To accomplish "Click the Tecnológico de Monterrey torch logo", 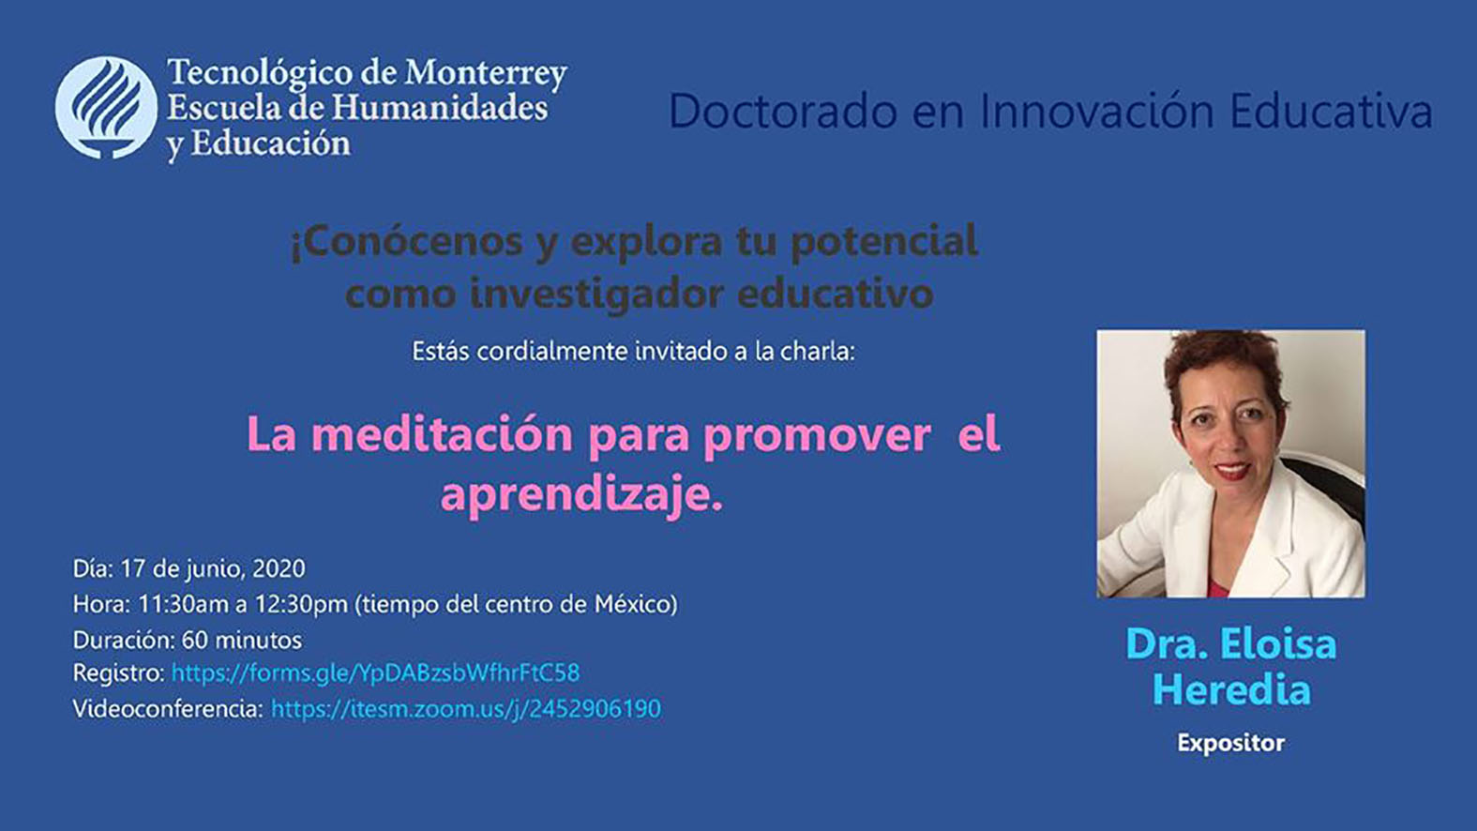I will pyautogui.click(x=106, y=108).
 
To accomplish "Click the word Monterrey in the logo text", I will pyautogui.click(x=485, y=73).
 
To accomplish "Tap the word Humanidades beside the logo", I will pyautogui.click(x=439, y=108).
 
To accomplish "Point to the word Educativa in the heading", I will pyautogui.click(x=1331, y=111).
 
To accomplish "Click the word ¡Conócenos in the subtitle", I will pyautogui.click(x=406, y=241).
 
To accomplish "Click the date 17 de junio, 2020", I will pyautogui.click(x=213, y=568).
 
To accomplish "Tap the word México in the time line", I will pyautogui.click(x=635, y=604).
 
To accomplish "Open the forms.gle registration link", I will pyautogui.click(x=375, y=673).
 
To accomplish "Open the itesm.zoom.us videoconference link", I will pyautogui.click(x=465, y=709).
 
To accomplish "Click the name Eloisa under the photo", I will pyautogui.click(x=1277, y=644).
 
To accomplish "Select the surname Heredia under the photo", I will pyautogui.click(x=1230, y=690).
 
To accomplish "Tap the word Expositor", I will pyautogui.click(x=1230, y=743).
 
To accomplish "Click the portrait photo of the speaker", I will pyautogui.click(x=1230, y=463).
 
